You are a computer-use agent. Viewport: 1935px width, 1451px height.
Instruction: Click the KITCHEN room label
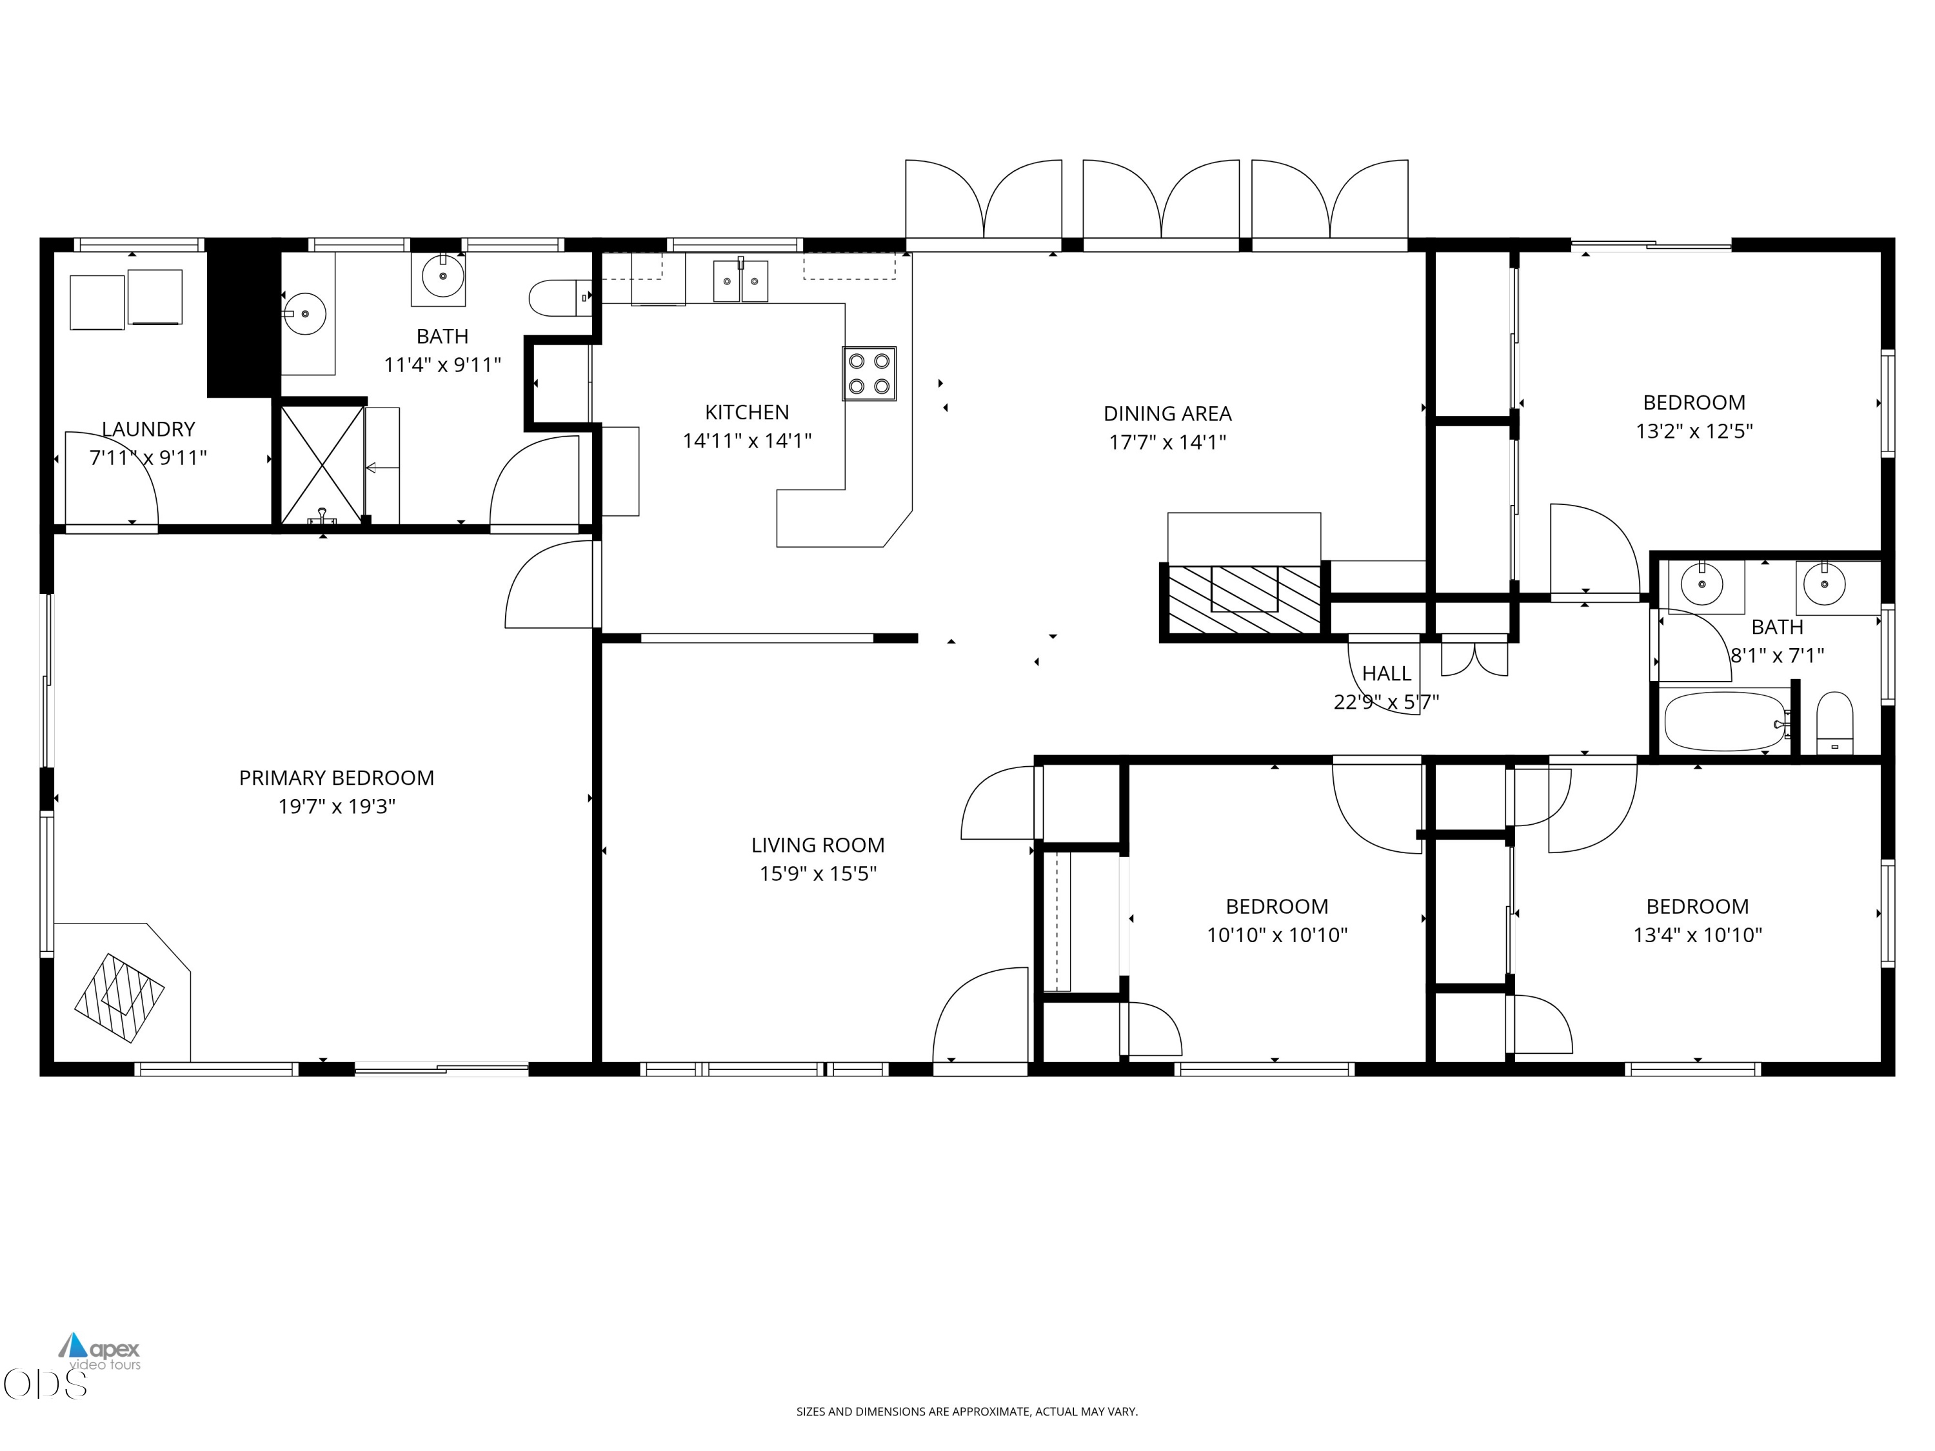(x=747, y=412)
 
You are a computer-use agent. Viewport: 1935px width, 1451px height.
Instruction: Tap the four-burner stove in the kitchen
(x=869, y=373)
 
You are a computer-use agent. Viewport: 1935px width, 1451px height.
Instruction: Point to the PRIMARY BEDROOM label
(x=337, y=778)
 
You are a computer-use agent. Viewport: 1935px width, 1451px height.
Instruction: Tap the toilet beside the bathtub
(x=1834, y=722)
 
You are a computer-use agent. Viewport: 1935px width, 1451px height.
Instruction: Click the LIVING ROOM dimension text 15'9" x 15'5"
(x=818, y=873)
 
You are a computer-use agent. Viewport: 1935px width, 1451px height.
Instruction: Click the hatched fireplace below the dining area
(x=1245, y=600)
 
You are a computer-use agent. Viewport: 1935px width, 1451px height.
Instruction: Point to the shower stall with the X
(x=321, y=464)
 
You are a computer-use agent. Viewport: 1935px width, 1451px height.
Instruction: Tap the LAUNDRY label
(x=149, y=429)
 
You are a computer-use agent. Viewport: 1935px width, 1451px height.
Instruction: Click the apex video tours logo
(x=100, y=1351)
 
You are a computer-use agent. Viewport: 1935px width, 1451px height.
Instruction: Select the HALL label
(x=1387, y=673)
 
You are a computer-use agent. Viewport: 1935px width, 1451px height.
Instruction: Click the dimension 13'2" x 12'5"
(x=1694, y=430)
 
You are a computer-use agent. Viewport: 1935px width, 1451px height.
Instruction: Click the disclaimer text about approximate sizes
(x=967, y=1411)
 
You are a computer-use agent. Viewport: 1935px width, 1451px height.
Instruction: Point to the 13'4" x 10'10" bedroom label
(x=1697, y=906)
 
